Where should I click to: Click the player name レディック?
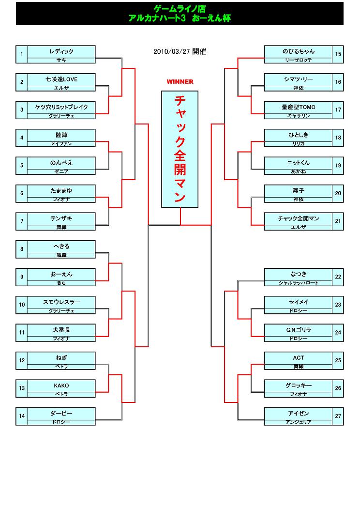tap(61, 51)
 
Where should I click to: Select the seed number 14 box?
tap(22, 416)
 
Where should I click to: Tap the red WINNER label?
tap(180, 82)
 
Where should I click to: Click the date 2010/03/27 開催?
tap(180, 51)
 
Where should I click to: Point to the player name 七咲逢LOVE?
tap(61, 79)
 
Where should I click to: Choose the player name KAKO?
tap(61, 386)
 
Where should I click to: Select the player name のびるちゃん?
tap(299, 51)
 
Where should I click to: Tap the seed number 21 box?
tap(338, 221)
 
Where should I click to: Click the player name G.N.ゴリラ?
tap(299, 330)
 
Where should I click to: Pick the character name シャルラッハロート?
tap(299, 283)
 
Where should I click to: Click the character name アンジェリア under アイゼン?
tap(299, 422)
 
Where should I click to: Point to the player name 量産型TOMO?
tap(299, 107)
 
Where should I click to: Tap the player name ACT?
tap(299, 358)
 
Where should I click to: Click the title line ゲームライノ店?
tap(180, 9)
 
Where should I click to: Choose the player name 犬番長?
tap(61, 330)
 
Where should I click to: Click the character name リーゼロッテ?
tap(299, 60)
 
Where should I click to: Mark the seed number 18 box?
tap(338, 138)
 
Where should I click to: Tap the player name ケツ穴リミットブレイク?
tap(61, 107)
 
